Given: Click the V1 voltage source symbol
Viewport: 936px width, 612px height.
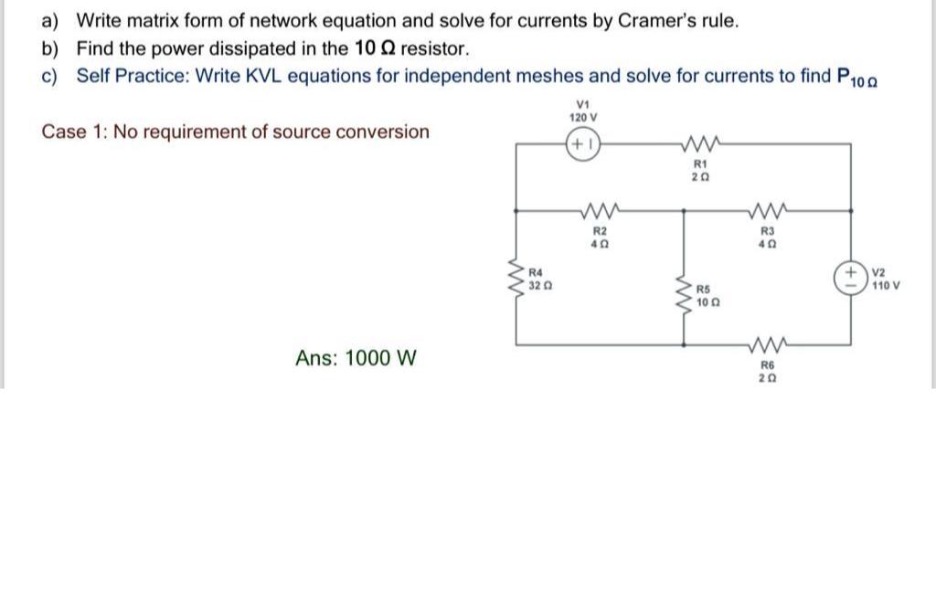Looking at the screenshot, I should click(582, 145).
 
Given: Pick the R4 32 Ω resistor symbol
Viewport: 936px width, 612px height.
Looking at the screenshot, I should click(516, 278).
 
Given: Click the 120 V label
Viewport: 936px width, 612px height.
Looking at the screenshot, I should click(582, 118).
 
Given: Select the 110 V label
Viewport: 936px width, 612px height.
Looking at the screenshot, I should click(886, 285).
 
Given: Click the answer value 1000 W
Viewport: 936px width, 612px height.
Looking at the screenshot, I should click(356, 358).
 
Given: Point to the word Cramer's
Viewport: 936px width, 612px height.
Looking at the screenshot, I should click(654, 20).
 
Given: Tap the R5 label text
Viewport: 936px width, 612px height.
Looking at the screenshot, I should click(708, 289).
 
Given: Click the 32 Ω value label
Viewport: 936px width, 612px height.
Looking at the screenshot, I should click(539, 285).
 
